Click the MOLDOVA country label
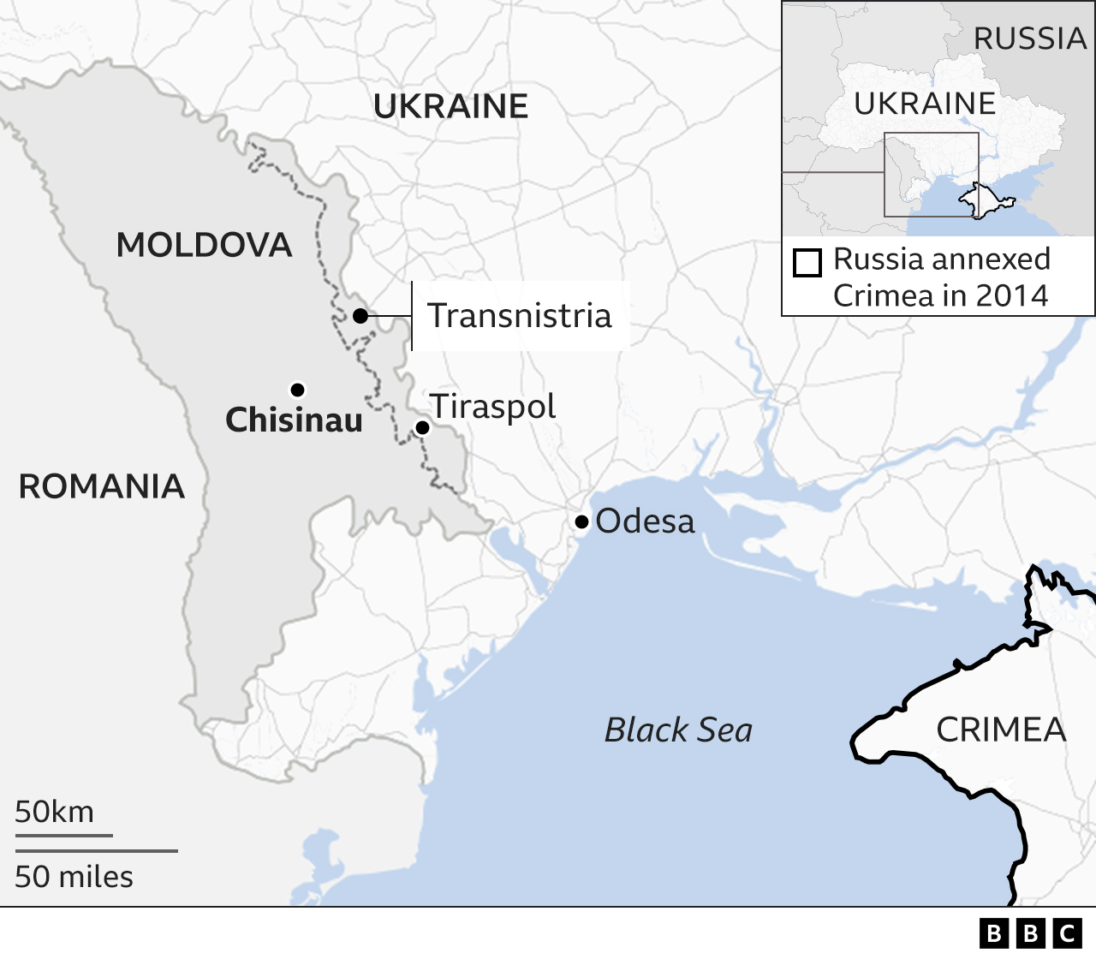point(204,246)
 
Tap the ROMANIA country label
point(102,487)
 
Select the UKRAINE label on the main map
point(450,107)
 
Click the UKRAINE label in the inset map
point(925,104)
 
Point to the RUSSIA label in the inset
point(1029,39)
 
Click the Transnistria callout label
point(520,316)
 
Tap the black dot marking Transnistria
point(360,316)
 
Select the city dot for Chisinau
point(297,390)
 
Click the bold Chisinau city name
point(294,420)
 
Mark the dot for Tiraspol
point(422,427)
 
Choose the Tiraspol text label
point(493,407)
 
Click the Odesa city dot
point(581,521)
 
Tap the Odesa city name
point(645,521)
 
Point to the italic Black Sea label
point(678,730)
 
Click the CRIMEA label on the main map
point(1001,730)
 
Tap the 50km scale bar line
point(63,835)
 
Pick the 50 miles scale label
point(74,878)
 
